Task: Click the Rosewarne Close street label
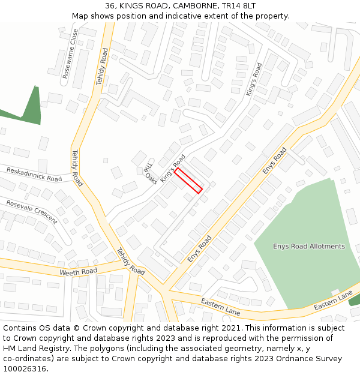click(71, 54)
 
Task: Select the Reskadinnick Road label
click(34, 175)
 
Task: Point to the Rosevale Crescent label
click(32, 212)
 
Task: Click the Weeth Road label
click(78, 272)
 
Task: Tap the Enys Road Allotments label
click(309, 247)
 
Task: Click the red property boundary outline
click(188, 180)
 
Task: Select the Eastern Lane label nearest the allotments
click(333, 301)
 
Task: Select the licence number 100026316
click(25, 369)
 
